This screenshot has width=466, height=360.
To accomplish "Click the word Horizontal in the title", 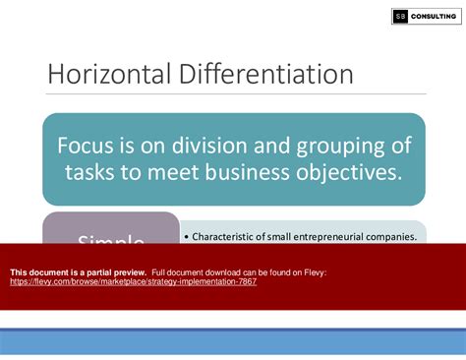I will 104,75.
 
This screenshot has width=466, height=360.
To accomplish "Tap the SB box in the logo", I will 400,17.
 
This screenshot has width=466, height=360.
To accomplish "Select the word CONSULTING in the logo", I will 433,17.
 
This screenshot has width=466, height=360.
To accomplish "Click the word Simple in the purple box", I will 111,241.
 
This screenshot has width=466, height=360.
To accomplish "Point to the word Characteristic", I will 228,236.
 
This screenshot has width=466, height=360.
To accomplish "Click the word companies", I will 391,236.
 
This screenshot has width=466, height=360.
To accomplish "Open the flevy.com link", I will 133,281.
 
